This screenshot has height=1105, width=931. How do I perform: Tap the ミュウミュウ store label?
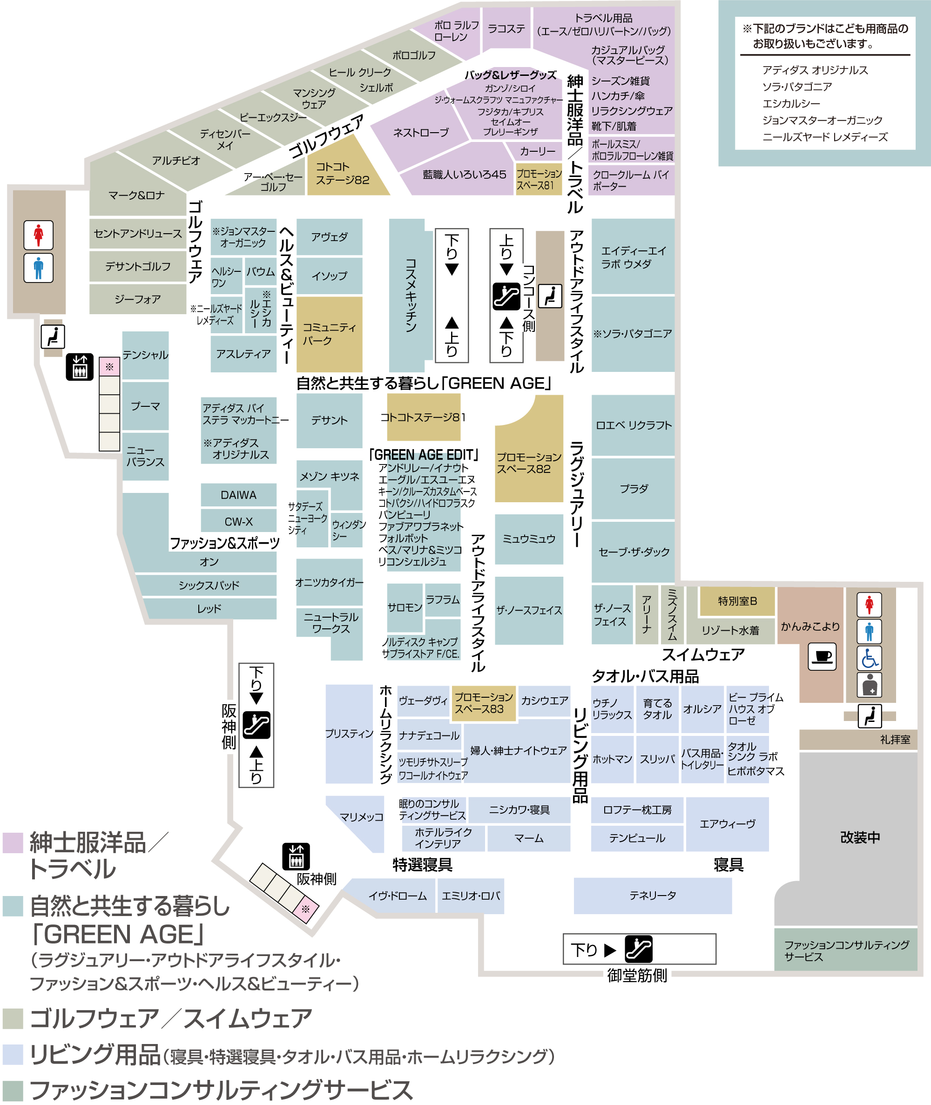coord(528,539)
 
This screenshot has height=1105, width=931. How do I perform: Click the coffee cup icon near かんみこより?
coord(822,656)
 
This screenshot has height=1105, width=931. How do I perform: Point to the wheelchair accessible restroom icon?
coord(869,658)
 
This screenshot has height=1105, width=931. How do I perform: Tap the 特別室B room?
coord(737,601)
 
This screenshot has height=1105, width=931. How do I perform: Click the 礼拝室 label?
coord(895,740)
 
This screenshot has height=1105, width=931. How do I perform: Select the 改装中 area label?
coord(860,837)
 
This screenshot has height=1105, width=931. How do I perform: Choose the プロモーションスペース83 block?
coord(484,703)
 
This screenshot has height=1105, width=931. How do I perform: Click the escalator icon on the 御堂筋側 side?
coord(638,949)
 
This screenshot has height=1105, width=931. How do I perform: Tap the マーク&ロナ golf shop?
coord(137,195)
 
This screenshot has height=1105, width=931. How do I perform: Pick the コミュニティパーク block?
coord(329,334)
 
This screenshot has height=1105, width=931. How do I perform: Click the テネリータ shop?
coord(652,896)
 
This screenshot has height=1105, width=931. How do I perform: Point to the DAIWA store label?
coord(238,495)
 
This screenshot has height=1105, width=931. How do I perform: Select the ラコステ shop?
coord(506,28)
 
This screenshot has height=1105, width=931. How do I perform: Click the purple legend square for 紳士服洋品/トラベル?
coord(13,843)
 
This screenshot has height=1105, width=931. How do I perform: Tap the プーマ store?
coord(145,406)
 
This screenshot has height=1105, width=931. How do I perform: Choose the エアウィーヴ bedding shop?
coord(727,824)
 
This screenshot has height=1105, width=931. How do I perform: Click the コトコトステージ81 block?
coord(423,418)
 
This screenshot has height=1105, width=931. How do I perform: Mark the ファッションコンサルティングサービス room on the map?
coord(845,950)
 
